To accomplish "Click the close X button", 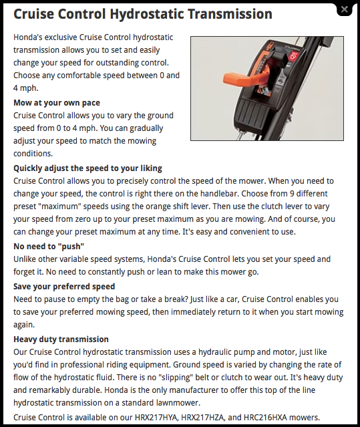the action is (x=345, y=10).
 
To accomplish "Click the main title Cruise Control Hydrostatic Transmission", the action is (x=143, y=14).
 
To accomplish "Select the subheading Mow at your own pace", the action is (x=57, y=103).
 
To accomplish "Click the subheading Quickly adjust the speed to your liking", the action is (x=87, y=168).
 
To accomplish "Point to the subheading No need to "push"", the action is (x=49, y=246).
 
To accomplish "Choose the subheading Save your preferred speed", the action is (x=64, y=286).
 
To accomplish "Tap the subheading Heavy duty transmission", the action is (x=61, y=339).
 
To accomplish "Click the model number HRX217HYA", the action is (x=156, y=417).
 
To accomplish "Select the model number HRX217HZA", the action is (x=203, y=417).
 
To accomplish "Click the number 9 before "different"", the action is (x=292, y=194).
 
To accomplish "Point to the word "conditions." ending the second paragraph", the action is (x=33, y=153).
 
